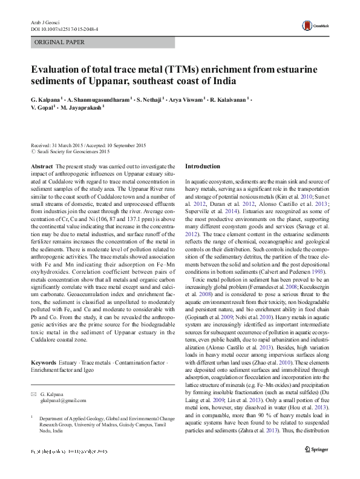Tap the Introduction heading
[x=203, y=166]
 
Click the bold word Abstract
[x=41, y=166]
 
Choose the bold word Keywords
[x=44, y=362]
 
